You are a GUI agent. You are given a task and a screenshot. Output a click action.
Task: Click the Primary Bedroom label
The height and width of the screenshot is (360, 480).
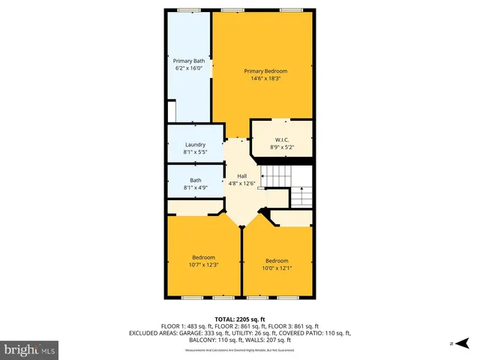tap(265, 71)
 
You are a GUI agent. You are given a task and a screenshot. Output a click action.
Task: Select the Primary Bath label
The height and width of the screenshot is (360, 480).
tap(189, 61)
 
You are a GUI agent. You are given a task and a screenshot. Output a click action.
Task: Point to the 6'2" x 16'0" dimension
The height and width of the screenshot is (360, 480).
tap(189, 68)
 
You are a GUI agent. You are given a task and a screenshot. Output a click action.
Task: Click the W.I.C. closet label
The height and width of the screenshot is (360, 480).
tap(282, 139)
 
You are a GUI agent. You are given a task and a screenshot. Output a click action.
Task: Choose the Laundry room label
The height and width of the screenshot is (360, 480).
tap(195, 145)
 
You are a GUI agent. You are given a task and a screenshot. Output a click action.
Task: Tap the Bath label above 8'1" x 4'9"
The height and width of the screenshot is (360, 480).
tap(195, 180)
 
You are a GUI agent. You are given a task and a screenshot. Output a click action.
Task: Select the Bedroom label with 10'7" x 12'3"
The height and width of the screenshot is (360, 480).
tap(202, 256)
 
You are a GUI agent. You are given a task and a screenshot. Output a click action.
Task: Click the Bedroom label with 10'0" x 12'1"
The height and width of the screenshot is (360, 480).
tap(276, 261)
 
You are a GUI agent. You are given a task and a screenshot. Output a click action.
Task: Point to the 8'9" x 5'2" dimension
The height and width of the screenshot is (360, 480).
tap(282, 147)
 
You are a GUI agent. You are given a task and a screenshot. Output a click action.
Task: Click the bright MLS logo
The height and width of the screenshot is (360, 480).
tap(30, 349)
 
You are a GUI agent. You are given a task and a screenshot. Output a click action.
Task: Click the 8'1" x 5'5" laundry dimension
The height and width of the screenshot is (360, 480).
tap(195, 152)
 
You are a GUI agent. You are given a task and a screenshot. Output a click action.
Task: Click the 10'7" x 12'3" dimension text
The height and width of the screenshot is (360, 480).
tap(202, 264)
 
